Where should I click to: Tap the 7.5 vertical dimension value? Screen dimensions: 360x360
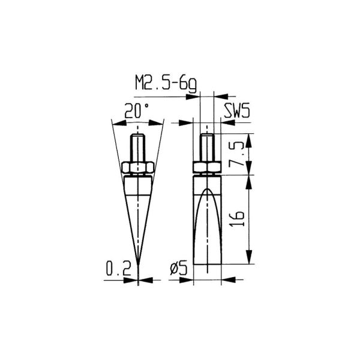coord(238,155)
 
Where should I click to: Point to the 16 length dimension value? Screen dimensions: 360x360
coord(238,219)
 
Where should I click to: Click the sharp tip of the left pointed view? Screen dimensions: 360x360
coord(139,266)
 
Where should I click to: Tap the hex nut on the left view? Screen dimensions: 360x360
coord(139,167)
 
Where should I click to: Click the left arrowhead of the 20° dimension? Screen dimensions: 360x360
coord(117,123)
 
